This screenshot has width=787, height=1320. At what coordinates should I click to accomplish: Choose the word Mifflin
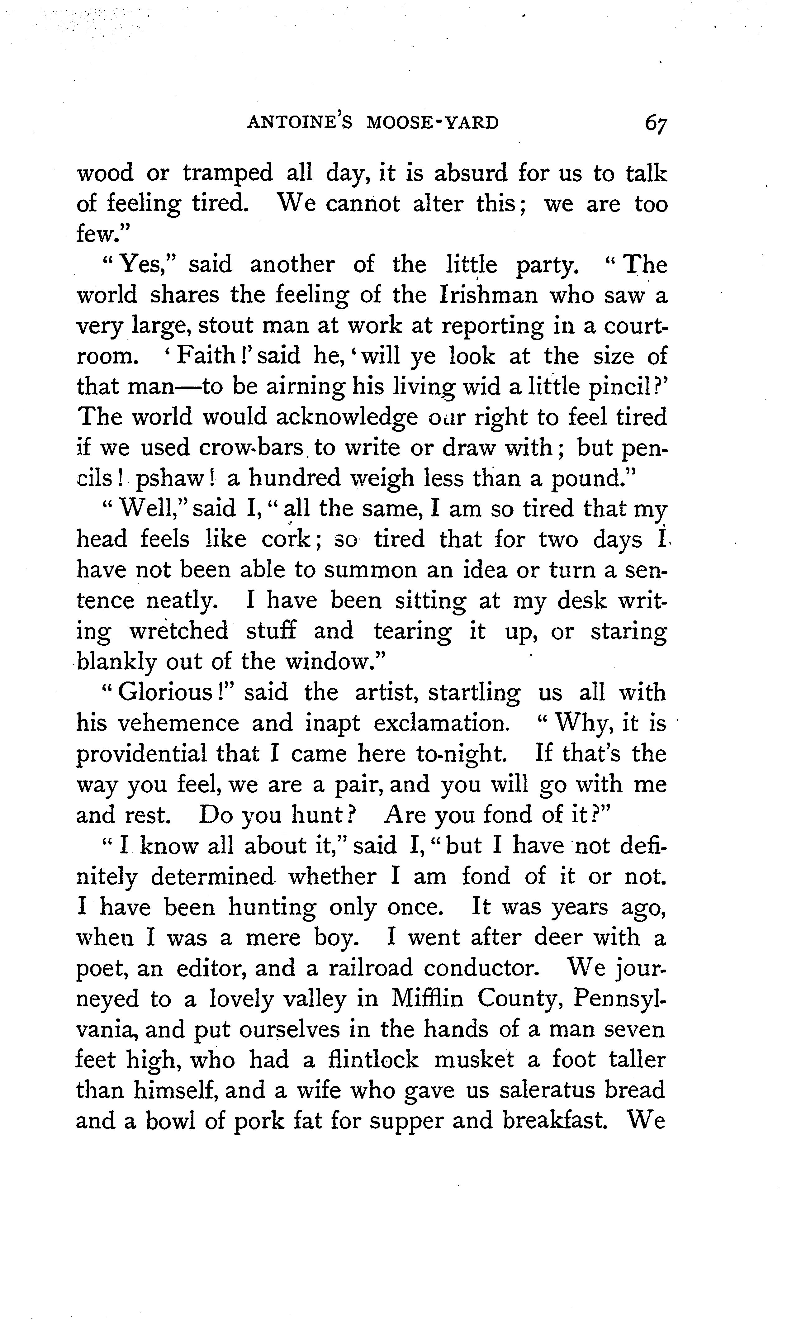[427, 999]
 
